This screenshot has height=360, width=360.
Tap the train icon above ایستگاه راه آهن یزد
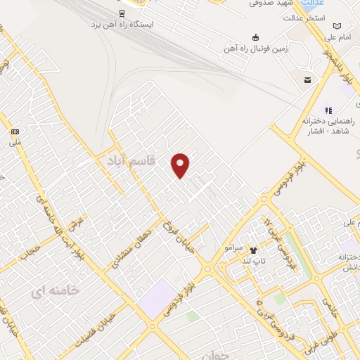pyautogui.click(x=122, y=13)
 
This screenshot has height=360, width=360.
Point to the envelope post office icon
pyautogui.click(x=307, y=81)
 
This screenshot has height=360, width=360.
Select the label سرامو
pyautogui.click(x=233, y=248)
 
